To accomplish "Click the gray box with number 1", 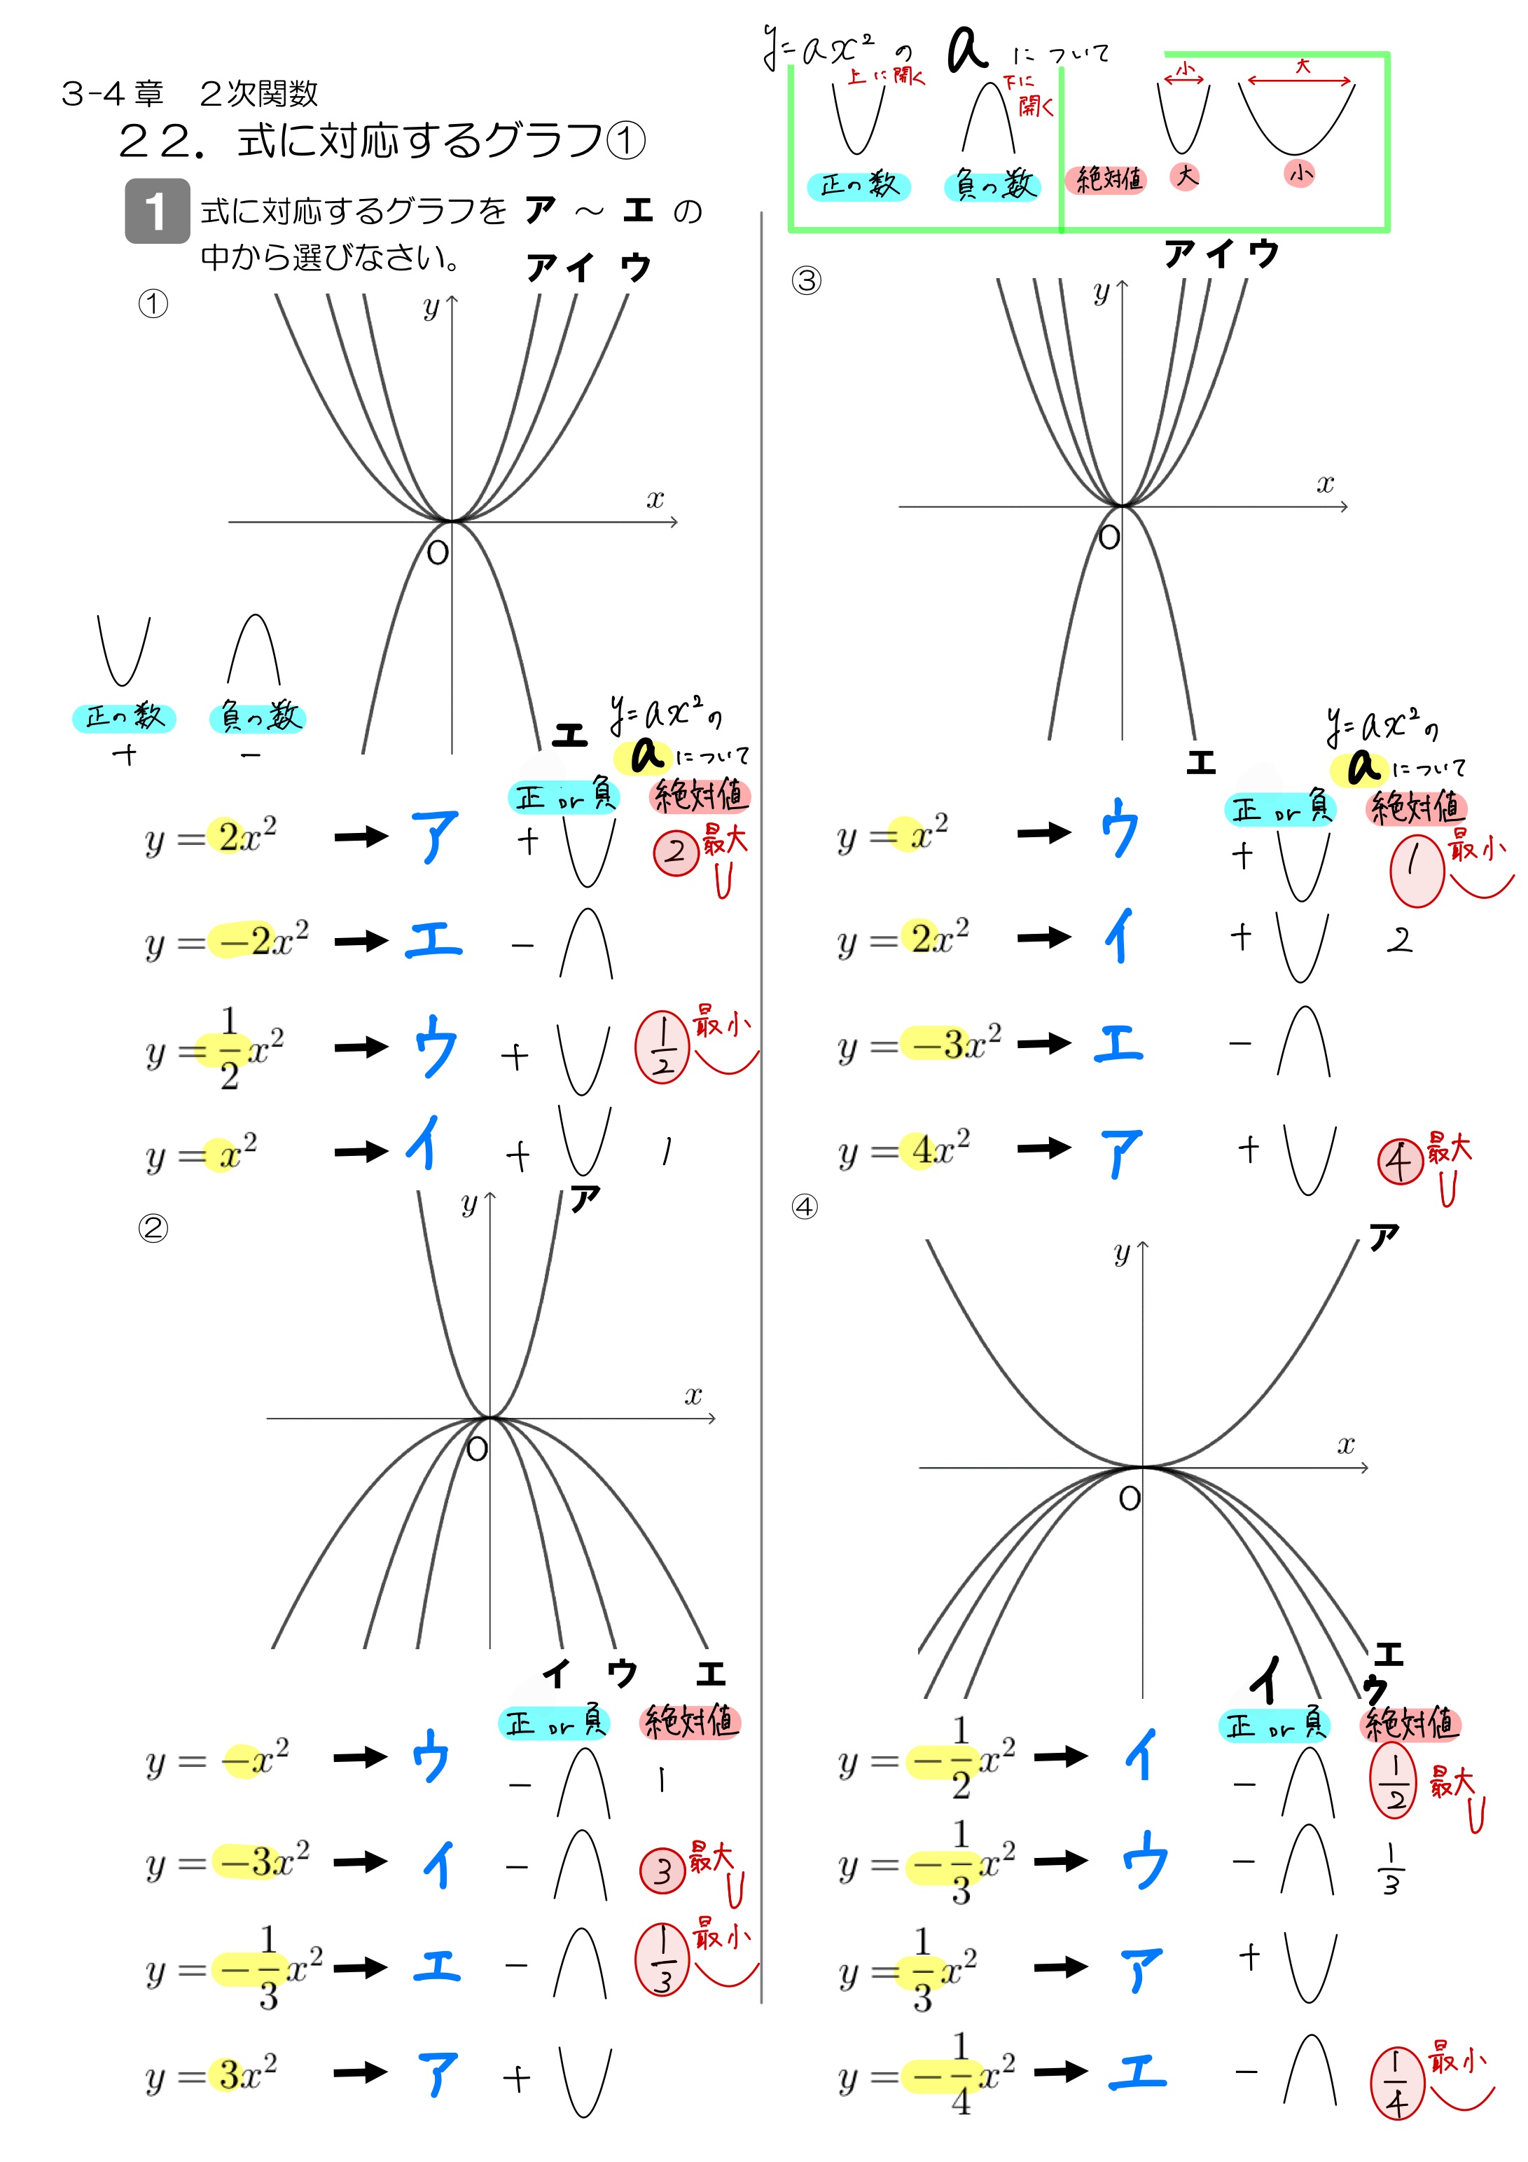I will tap(158, 211).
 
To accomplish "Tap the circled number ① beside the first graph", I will tap(153, 303).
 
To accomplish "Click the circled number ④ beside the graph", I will tap(804, 1206).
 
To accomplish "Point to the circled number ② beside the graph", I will tap(153, 1228).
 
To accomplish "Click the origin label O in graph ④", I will tap(1129, 1498).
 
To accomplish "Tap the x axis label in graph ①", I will tap(655, 499).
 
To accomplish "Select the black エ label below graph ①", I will tap(569, 734).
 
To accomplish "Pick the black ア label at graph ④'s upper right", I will tap(1384, 1237).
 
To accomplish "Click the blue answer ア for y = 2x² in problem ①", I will tap(434, 836).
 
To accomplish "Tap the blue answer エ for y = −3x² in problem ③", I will tap(1118, 1043).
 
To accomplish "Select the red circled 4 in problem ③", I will tap(1399, 1162).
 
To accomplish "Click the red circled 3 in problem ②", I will tap(662, 1870).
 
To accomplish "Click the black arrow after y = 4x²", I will tap(1044, 1148).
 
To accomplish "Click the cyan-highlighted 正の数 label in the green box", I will tap(859, 186).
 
